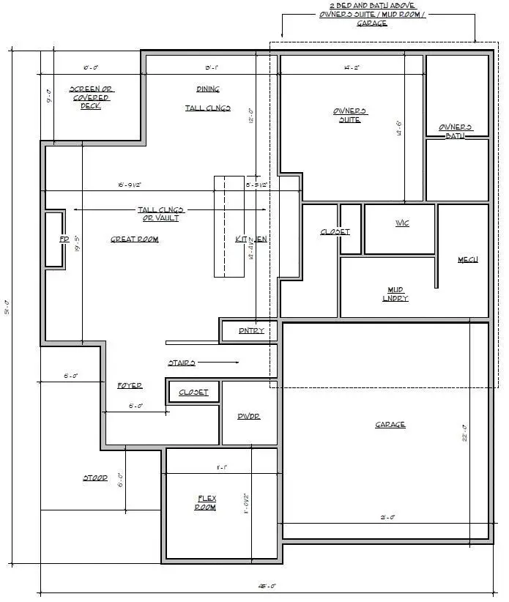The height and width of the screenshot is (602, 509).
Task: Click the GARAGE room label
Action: pyautogui.click(x=390, y=425)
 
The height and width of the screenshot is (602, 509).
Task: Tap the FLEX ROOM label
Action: pyautogui.click(x=206, y=503)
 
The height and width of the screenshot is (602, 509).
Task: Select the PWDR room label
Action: pyautogui.click(x=249, y=416)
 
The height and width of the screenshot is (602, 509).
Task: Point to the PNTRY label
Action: pyautogui.click(x=251, y=331)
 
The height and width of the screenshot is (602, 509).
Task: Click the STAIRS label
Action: pyautogui.click(x=181, y=363)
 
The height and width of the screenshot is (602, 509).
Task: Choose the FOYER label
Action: pyautogui.click(x=130, y=385)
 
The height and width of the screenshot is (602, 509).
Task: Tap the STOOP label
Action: pyautogui.click(x=94, y=478)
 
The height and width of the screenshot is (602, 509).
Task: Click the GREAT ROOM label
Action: pyautogui.click(x=134, y=239)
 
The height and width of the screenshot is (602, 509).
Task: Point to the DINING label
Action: pyautogui.click(x=207, y=89)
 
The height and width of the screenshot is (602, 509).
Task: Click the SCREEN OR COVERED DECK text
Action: pyautogui.click(x=90, y=97)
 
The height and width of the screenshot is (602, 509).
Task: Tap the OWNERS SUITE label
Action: pyautogui.click(x=350, y=116)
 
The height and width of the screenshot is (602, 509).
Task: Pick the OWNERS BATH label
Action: pyautogui.click(x=455, y=131)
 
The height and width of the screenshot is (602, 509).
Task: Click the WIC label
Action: pyautogui.click(x=401, y=223)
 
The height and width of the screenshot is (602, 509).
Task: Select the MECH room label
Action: pyautogui.click(x=467, y=260)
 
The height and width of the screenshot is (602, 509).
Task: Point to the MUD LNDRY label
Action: pyautogui.click(x=395, y=294)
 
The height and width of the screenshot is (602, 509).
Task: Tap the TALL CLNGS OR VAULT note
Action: pyautogui.click(x=158, y=214)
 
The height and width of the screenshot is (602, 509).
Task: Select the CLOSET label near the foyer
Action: pyautogui.click(x=193, y=393)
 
